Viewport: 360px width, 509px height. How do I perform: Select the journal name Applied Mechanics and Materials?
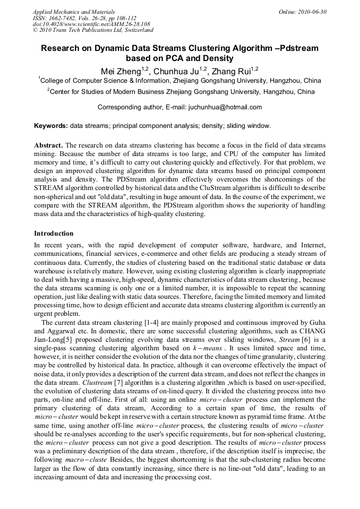74,11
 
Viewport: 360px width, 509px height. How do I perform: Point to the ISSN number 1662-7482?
67,18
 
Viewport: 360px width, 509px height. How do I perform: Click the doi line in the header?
91,24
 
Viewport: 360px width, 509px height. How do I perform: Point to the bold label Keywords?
50,126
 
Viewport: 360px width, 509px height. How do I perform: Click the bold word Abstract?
48,145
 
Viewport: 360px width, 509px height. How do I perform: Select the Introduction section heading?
54,233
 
